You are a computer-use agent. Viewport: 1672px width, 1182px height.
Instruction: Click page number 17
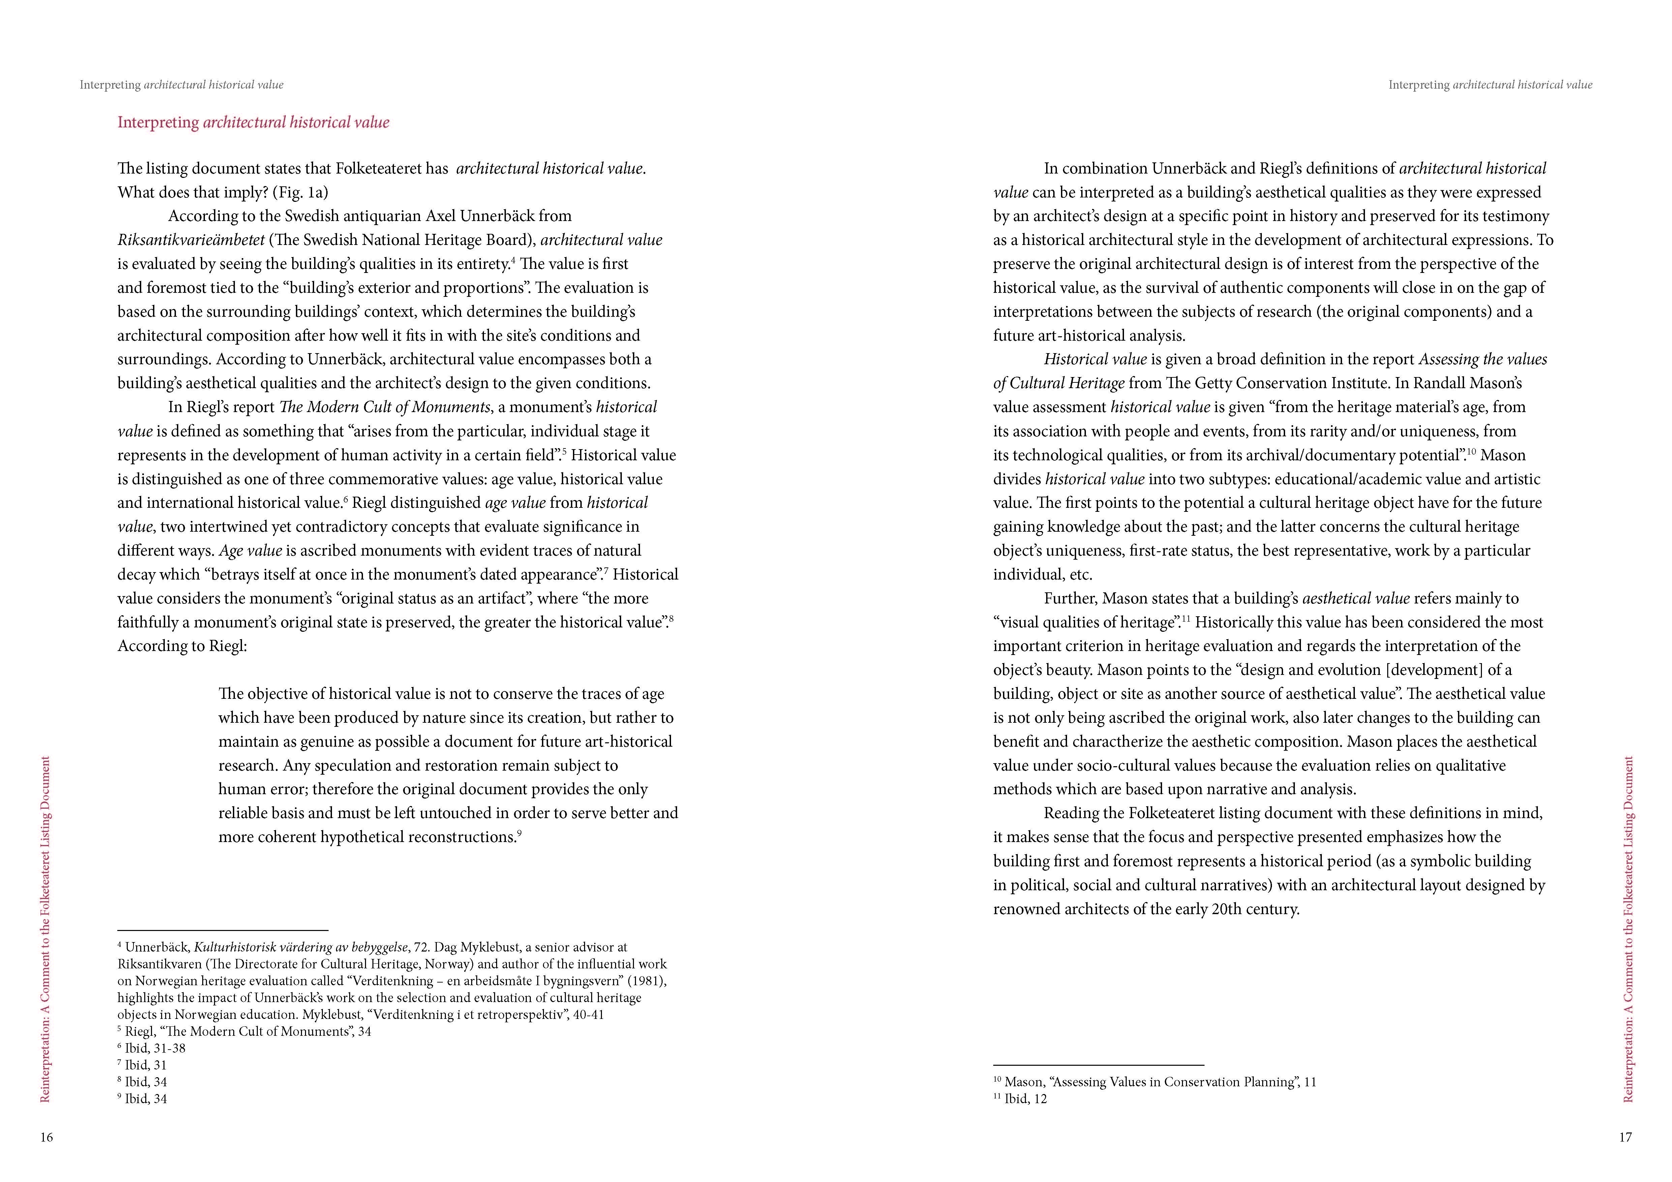pyautogui.click(x=1625, y=1138)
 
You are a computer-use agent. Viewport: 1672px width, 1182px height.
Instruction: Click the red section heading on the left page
pyautogui.click(x=253, y=122)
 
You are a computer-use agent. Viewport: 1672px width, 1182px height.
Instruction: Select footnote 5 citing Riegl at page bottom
pyautogui.click(x=245, y=1031)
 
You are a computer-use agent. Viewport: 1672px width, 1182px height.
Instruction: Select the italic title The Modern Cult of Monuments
pyautogui.click(x=385, y=407)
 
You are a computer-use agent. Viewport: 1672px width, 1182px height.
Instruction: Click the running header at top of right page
pyautogui.click(x=1490, y=85)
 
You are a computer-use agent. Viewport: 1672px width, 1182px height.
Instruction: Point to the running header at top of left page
pyautogui.click(x=181, y=85)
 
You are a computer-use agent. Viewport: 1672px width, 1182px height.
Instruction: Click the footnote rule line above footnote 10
pyautogui.click(x=1098, y=1065)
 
